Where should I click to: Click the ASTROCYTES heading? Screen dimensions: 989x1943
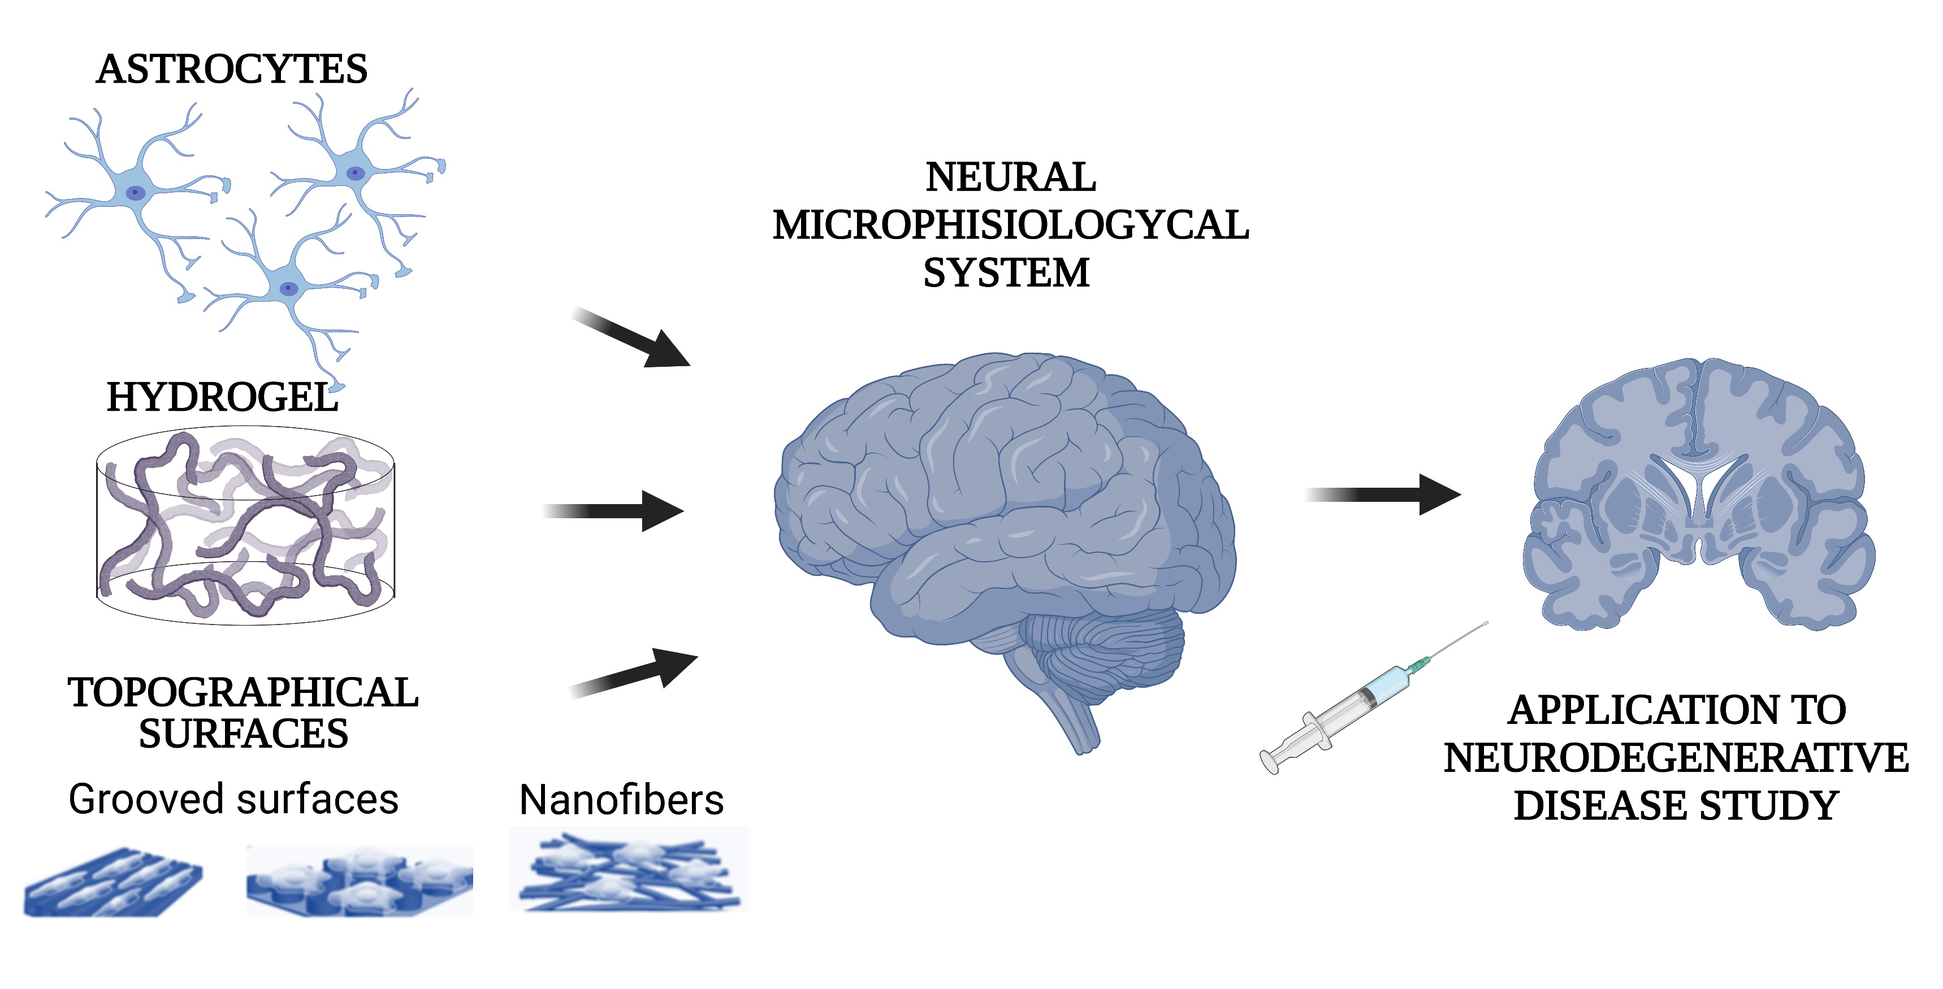coord(232,70)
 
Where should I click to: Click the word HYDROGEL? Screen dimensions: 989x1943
coord(223,397)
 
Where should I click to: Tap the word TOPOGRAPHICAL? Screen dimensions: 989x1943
coord(243,692)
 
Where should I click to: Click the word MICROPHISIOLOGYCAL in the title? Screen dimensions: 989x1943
coord(1010,224)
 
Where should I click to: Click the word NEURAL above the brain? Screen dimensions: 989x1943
coord(1010,177)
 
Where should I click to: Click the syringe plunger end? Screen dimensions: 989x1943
coord(1270,761)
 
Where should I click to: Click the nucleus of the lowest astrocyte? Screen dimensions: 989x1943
coord(288,288)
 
